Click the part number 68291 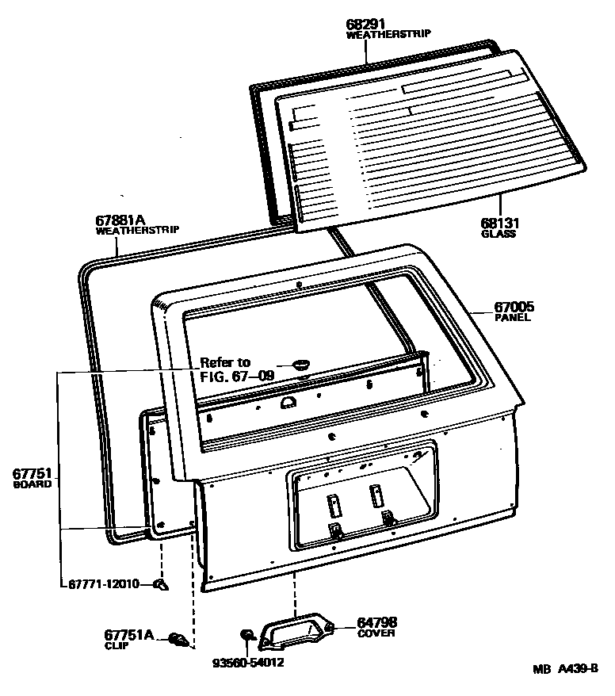367,25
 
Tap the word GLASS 498,235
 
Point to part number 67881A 120,220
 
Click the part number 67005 514,308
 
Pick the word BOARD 32,484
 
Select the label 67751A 128,634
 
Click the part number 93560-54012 247,663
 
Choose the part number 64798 377,622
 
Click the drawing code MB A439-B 566,669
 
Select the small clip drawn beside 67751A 181,639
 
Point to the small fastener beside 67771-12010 161,585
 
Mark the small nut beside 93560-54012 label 246,634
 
